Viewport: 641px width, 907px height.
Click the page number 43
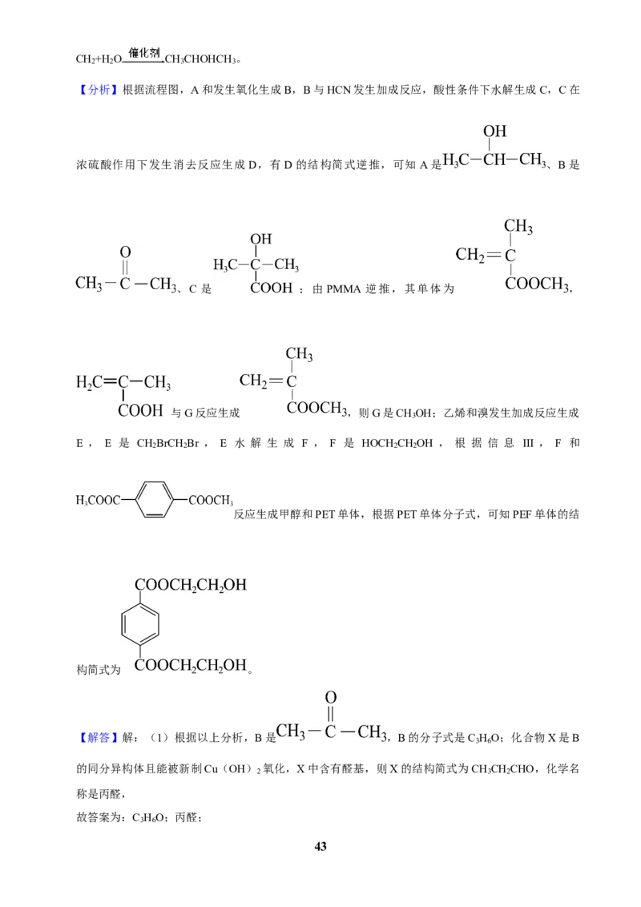click(x=320, y=846)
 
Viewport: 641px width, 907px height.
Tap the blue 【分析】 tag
click(x=98, y=90)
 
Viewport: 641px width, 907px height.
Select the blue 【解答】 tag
click(x=98, y=737)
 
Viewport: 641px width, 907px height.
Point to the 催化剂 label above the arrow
click(x=144, y=53)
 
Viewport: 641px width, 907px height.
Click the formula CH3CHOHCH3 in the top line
click(x=200, y=59)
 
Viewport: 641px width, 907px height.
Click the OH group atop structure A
click(x=494, y=131)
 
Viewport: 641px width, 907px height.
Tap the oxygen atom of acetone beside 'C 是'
click(x=125, y=252)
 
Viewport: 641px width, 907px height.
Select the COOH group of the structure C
click(x=272, y=288)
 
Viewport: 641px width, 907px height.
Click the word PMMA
click(x=344, y=288)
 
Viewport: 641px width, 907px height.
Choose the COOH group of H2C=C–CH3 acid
click(x=140, y=410)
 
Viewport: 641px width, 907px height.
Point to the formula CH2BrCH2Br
click(x=167, y=443)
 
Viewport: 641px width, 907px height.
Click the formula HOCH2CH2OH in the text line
click(x=397, y=443)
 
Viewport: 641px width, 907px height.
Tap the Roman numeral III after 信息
click(x=528, y=443)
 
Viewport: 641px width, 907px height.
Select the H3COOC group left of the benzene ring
click(x=98, y=500)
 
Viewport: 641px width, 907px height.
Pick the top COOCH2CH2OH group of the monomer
click(x=191, y=585)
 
